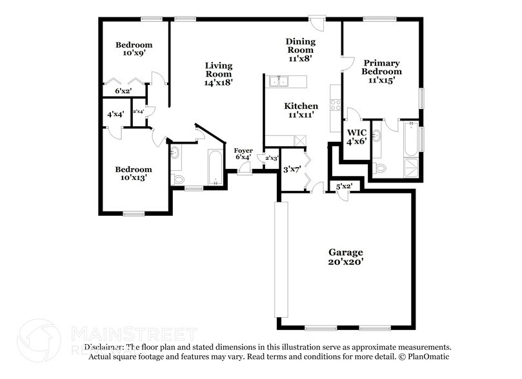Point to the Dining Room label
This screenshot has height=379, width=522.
tap(299, 49)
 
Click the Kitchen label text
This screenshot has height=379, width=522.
tap(301, 110)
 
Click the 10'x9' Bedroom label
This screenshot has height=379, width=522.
tap(134, 50)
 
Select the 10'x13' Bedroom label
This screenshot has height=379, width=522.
tap(134, 174)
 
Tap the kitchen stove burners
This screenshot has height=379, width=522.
tap(336, 104)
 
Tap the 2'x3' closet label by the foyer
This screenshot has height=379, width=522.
tap(271, 158)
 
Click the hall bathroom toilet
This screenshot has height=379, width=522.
tap(179, 179)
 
